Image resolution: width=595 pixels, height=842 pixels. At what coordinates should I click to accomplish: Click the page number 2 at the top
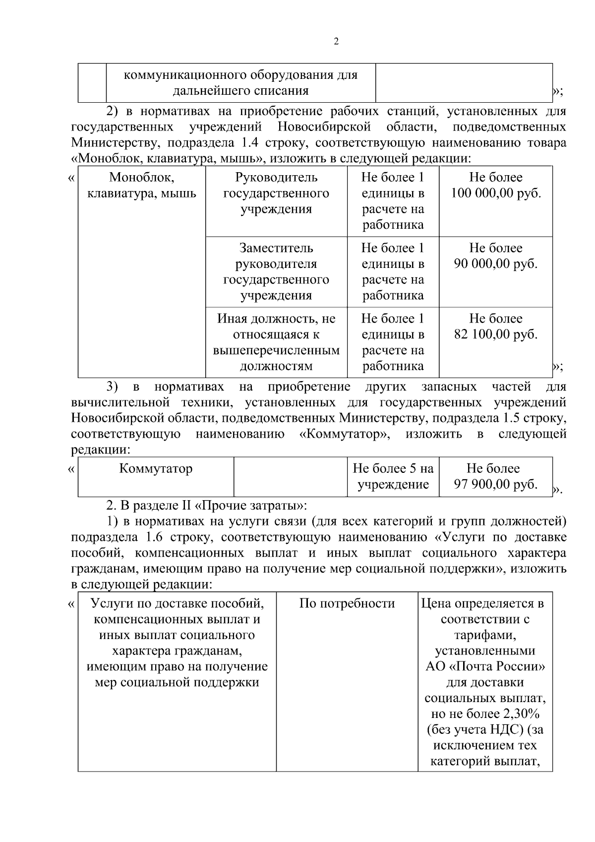pyautogui.click(x=336, y=42)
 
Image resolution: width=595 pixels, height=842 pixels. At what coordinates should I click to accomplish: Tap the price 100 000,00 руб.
pyautogui.click(x=495, y=193)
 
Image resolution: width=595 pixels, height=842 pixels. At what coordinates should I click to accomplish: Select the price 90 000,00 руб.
pyautogui.click(x=495, y=263)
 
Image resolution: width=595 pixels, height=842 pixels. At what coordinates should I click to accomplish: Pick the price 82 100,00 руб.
pyautogui.click(x=495, y=334)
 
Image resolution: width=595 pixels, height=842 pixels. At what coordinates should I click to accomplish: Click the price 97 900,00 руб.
pyautogui.click(x=495, y=484)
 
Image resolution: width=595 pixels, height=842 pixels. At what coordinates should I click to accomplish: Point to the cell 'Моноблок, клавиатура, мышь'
pyautogui.click(x=142, y=185)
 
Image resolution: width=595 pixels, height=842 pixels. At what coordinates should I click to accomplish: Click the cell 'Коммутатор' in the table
pyautogui.click(x=156, y=468)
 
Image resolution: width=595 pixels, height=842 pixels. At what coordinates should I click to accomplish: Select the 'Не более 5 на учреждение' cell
pyautogui.click(x=393, y=476)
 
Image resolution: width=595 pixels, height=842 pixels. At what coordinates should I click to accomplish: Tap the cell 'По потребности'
pyautogui.click(x=347, y=603)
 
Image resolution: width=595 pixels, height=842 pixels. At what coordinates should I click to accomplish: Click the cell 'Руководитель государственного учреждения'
pyautogui.click(x=276, y=193)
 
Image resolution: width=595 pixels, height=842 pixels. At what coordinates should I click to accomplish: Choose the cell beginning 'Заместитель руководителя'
pyautogui.click(x=276, y=271)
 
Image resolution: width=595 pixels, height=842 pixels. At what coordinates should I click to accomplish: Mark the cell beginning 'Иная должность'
pyautogui.click(x=276, y=342)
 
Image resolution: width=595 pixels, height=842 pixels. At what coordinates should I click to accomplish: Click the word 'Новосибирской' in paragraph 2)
pyautogui.click(x=324, y=127)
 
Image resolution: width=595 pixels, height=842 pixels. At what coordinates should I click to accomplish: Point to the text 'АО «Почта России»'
pyautogui.click(x=485, y=666)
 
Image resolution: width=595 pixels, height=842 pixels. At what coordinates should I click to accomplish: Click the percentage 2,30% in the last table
pyautogui.click(x=521, y=714)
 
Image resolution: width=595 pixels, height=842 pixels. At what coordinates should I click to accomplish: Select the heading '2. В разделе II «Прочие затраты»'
pyautogui.click(x=207, y=506)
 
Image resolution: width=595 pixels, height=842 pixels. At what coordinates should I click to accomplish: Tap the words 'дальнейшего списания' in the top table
pyautogui.click(x=240, y=91)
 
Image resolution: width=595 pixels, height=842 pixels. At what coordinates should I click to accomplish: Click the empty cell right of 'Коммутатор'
pyautogui.click(x=290, y=476)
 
